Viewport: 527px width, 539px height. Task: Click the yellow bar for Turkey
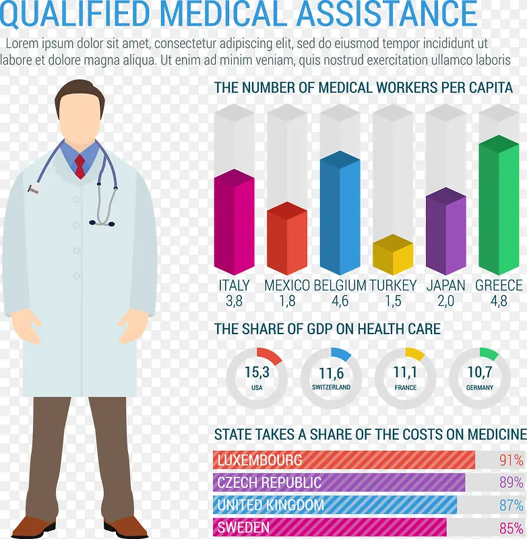coord(393,256)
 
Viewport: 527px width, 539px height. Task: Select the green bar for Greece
coord(499,205)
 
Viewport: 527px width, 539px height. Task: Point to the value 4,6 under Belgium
coord(340,301)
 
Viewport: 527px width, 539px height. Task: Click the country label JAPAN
coord(445,285)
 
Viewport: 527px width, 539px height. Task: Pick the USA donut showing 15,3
coord(257,378)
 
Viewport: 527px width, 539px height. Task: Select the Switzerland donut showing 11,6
coord(331,378)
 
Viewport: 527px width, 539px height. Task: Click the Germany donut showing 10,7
coord(480,378)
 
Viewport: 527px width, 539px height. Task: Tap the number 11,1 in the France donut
coord(405,372)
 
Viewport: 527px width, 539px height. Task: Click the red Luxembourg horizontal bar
coord(344,460)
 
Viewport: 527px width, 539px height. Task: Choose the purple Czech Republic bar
coord(339,482)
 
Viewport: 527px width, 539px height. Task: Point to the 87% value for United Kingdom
coord(511,505)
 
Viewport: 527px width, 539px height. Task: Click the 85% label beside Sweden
coord(511,528)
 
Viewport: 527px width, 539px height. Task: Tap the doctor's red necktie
coord(80,166)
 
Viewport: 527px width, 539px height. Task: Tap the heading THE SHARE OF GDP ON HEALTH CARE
coord(327,329)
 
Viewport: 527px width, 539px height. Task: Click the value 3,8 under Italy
coord(234,301)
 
